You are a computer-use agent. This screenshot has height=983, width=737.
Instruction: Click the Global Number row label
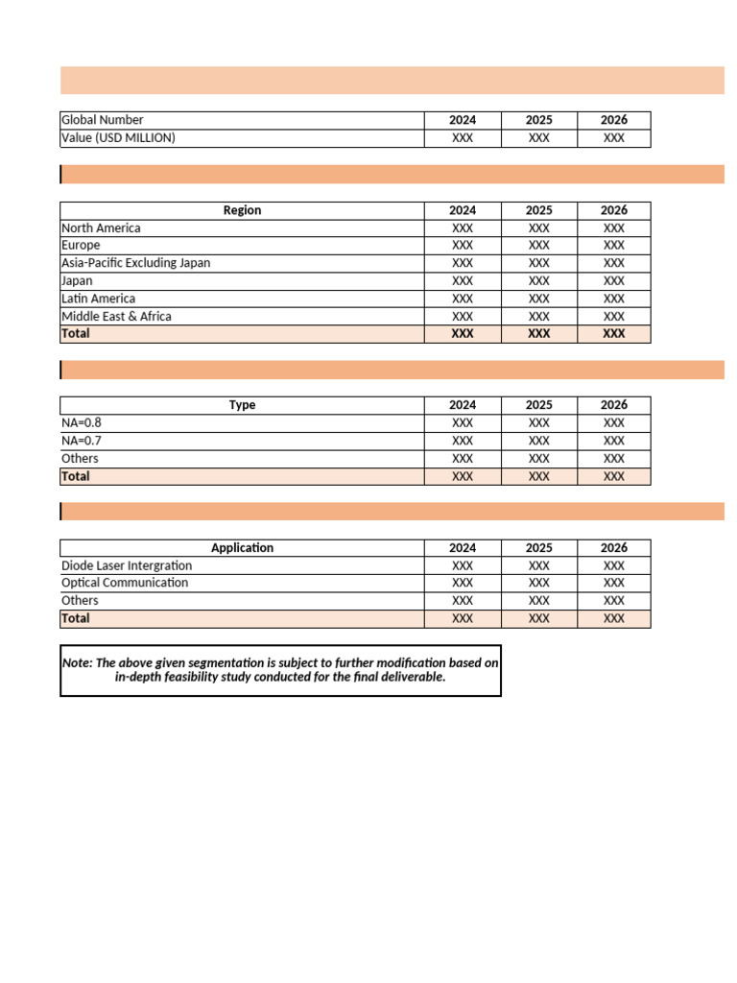(x=103, y=120)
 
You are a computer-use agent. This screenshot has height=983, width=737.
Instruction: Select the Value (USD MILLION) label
(x=118, y=138)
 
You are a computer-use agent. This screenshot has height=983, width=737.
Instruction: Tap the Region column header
(x=242, y=210)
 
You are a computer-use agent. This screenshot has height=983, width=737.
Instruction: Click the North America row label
(x=101, y=228)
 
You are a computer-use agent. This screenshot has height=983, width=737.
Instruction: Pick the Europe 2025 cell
(x=539, y=246)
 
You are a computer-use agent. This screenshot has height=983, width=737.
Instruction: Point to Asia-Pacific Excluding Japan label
(x=135, y=263)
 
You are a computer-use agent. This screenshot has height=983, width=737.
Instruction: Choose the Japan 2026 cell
(x=614, y=281)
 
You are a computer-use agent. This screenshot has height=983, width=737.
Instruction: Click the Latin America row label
(x=99, y=299)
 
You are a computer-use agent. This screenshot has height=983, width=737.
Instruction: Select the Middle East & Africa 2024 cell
(x=463, y=317)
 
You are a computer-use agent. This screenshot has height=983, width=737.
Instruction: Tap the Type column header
(x=243, y=405)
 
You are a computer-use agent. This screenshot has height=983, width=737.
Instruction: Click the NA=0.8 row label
(x=81, y=422)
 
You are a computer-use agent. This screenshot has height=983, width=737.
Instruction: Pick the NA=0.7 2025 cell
(x=539, y=441)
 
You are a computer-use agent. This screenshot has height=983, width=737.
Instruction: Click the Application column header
(x=243, y=548)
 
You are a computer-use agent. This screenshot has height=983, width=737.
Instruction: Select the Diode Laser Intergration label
(x=127, y=565)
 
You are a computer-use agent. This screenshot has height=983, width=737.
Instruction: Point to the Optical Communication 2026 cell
(x=614, y=583)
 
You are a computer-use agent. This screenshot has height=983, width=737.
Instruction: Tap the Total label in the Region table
(x=76, y=334)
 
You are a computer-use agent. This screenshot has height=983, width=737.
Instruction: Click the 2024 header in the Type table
(x=463, y=405)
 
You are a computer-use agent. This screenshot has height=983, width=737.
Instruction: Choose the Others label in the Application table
(x=80, y=601)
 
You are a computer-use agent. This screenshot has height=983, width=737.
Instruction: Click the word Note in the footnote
(x=77, y=662)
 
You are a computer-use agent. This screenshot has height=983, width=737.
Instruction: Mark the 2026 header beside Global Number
(x=614, y=120)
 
